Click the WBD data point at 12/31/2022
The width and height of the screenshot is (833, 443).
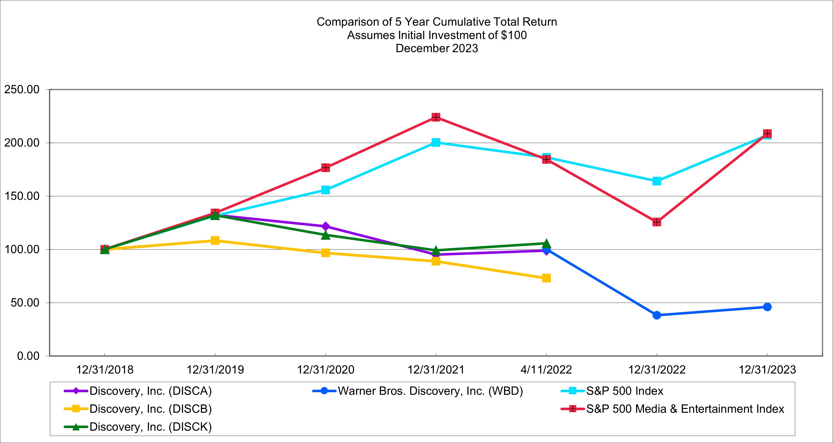tap(657, 315)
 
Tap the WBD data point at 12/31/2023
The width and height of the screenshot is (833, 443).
tap(767, 307)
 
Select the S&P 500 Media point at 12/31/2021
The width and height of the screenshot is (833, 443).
tap(436, 117)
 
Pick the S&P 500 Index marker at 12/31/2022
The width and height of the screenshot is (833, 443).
tap(657, 181)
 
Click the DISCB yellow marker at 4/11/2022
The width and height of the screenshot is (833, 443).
tap(546, 278)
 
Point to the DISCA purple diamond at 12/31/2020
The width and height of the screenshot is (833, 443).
tap(326, 226)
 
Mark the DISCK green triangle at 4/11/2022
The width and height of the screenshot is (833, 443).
tap(546, 243)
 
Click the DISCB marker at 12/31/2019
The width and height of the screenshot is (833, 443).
tap(215, 240)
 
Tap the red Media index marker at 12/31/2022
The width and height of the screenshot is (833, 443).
tap(657, 222)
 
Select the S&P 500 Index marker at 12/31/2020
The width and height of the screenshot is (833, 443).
tap(326, 190)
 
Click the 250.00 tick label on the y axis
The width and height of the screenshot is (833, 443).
tap(22, 90)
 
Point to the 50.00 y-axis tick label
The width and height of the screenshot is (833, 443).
tap(25, 303)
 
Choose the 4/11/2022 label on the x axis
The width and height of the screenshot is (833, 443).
tap(546, 370)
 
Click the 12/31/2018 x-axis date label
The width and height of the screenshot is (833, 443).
tap(105, 370)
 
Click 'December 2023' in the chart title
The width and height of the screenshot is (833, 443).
tap(436, 48)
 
